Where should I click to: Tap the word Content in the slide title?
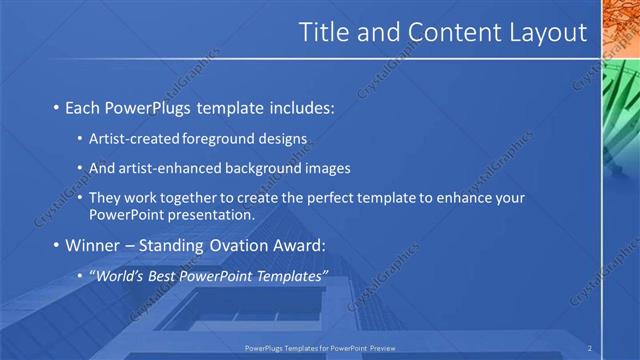[x=448, y=33]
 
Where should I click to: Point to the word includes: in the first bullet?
[x=299, y=107]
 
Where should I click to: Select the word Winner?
[x=94, y=245]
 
